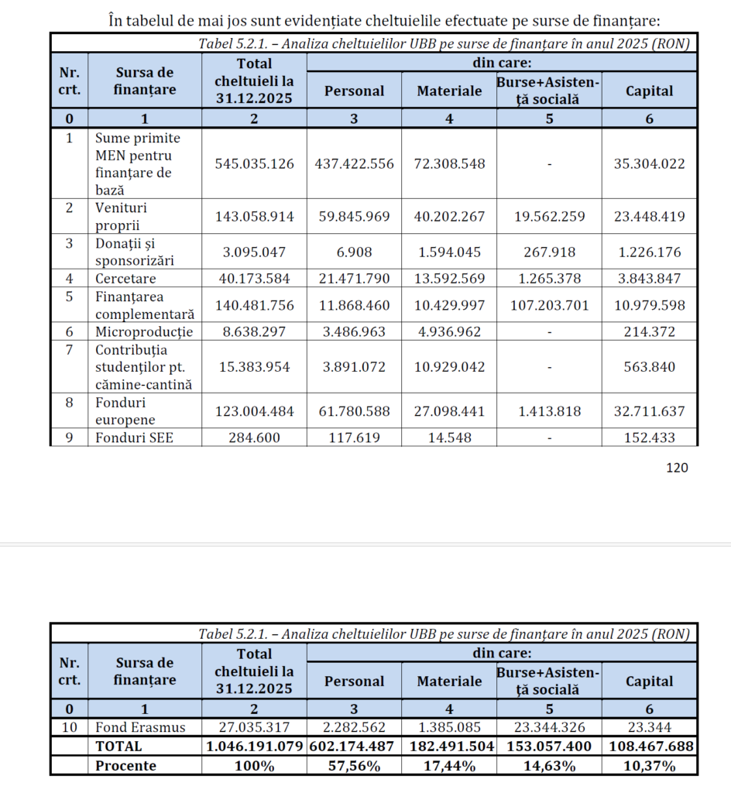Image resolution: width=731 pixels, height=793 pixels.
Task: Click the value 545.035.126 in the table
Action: point(254,164)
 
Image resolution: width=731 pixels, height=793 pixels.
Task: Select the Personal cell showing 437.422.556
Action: point(354,164)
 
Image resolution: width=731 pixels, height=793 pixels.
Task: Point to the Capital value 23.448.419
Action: point(649,217)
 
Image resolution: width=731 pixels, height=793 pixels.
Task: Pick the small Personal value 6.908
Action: point(354,252)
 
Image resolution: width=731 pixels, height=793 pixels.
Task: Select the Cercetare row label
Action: point(125,278)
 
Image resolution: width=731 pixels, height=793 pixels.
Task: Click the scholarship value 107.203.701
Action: point(548,305)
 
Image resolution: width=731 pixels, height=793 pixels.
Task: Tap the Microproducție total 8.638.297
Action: point(254,332)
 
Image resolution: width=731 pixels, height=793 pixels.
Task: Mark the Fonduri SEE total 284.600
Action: point(254,438)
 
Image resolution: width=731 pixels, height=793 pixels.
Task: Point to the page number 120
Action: point(676,467)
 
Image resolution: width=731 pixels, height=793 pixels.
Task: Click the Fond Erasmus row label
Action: point(141,728)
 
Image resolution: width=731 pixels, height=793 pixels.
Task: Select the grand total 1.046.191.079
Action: point(254,747)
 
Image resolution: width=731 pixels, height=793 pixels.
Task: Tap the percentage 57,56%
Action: point(354,766)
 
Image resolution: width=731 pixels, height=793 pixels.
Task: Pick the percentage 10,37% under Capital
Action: point(649,766)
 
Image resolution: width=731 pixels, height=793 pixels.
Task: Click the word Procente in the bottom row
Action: point(125,766)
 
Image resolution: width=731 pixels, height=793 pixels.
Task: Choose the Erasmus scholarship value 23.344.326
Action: point(548,728)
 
